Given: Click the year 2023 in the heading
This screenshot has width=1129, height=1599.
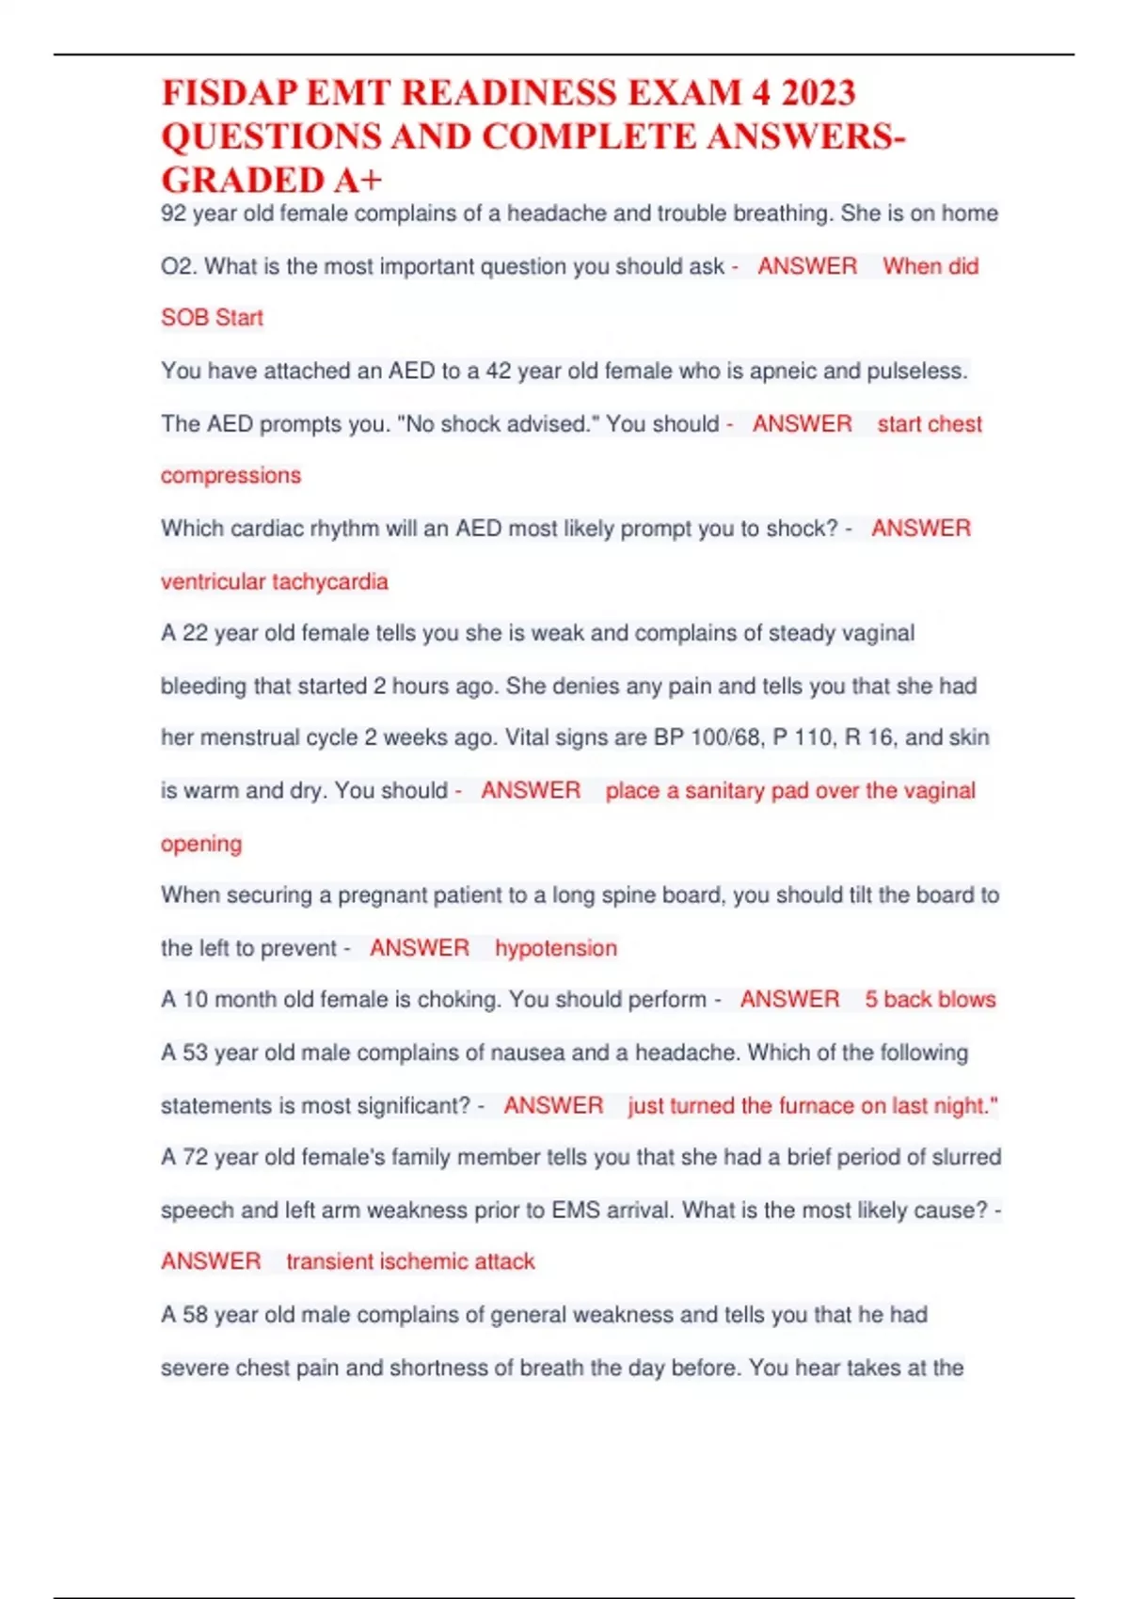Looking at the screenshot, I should pos(818,93).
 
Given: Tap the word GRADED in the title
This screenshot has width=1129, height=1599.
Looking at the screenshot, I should pos(243,180).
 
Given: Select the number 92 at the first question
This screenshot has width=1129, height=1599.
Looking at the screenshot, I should pos(173,214).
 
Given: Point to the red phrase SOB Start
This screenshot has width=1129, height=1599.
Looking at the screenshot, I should pos(212,318).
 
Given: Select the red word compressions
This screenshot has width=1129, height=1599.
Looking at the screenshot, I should pos(231,476).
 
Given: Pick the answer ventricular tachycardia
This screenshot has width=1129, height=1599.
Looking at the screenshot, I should pos(274,582).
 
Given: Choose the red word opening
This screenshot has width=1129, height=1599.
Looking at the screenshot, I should pos(201,844).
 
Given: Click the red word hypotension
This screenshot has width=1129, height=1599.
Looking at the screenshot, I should pos(556,948).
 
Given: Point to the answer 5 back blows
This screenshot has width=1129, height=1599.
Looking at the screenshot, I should pos(930,1000).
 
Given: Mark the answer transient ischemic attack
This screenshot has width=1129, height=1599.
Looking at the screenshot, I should pos(410,1261).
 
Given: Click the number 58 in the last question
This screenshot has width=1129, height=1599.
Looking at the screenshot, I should pos(195,1315).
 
